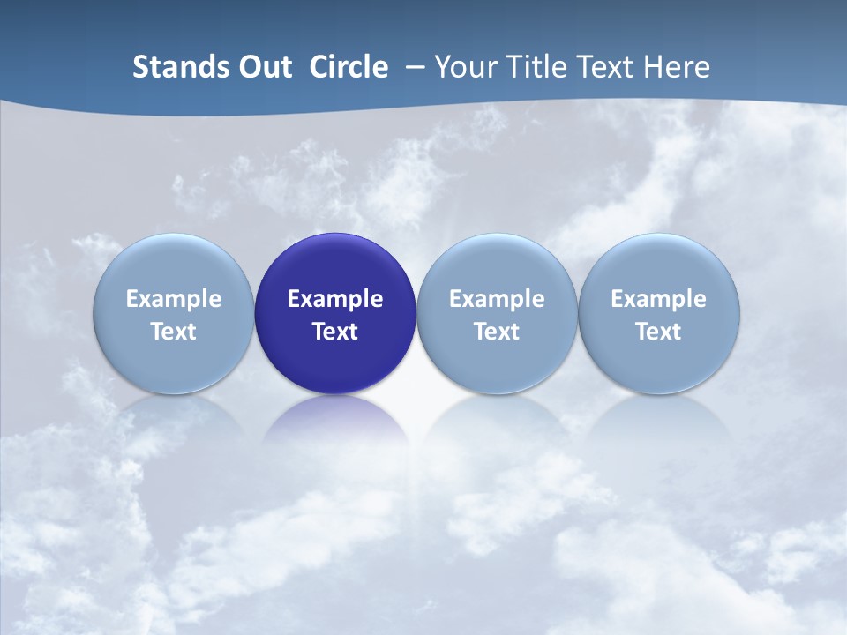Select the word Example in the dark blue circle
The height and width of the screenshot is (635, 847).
point(335,299)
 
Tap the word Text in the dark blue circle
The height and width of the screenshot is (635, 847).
point(335,332)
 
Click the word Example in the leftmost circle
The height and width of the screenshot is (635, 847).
point(174,299)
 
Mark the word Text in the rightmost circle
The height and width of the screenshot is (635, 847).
point(659,332)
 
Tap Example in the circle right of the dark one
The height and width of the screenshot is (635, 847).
point(497,299)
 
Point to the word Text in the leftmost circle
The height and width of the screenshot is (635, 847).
point(174,332)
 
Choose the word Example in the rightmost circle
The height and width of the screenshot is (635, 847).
point(659,299)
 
